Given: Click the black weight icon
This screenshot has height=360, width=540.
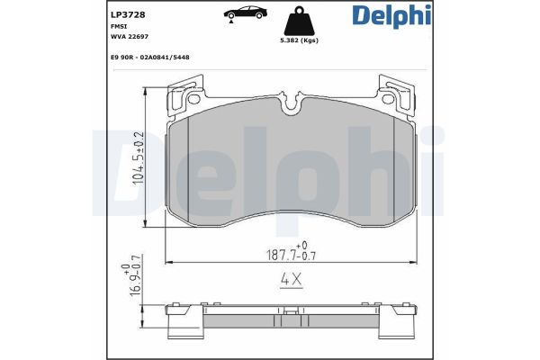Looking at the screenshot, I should tap(300, 21).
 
